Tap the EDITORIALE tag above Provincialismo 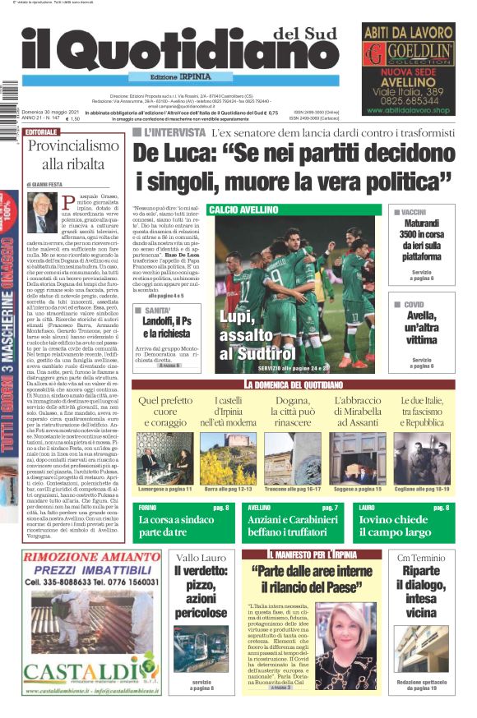[42, 131]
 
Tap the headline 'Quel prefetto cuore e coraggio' [164, 411]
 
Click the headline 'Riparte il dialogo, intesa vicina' [421, 596]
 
